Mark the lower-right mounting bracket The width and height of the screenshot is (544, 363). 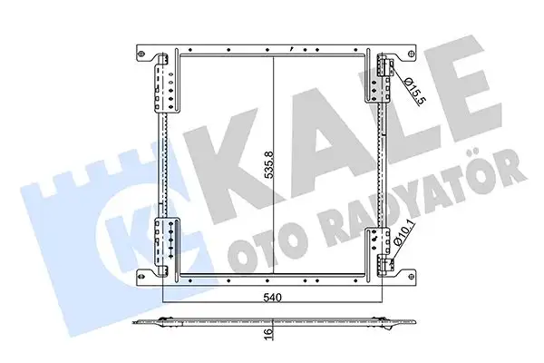381,251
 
